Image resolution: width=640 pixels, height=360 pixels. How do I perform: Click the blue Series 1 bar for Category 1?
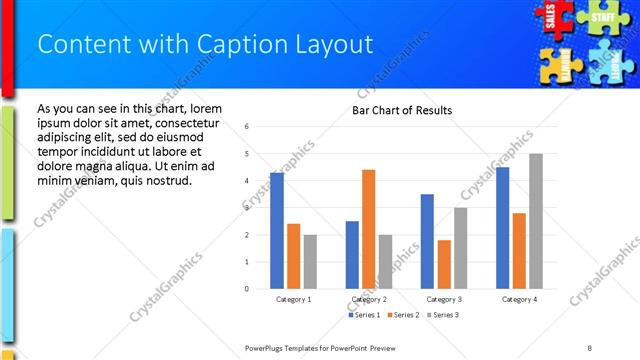(277, 231)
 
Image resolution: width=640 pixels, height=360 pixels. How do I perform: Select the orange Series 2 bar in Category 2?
(368, 229)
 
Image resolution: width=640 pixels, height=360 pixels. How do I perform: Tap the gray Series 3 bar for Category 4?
(536, 221)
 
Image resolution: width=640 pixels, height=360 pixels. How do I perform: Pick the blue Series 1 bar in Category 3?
(427, 241)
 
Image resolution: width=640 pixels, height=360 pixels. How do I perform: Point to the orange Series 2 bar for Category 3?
(444, 264)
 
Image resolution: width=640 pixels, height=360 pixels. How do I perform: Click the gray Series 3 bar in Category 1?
(310, 262)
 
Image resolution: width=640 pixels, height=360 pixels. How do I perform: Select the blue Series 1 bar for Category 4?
(502, 228)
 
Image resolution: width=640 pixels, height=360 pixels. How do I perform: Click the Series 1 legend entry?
(364, 315)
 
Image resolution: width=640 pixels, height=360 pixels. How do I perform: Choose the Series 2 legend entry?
(403, 315)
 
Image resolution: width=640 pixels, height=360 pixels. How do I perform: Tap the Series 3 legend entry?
(442, 315)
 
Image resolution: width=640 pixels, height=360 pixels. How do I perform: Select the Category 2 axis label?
(368, 299)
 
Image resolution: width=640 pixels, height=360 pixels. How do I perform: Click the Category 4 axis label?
(519, 299)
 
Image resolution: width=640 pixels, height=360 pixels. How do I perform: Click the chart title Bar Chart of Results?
(402, 110)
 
